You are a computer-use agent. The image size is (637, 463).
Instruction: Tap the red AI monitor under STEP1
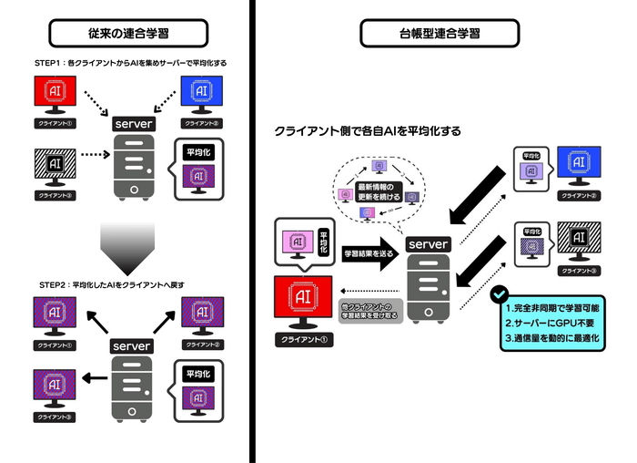57,95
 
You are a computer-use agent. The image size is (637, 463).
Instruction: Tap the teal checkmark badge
500,295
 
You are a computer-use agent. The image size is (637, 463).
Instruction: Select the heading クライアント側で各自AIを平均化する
368,131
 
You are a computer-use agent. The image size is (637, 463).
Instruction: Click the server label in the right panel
427,244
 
